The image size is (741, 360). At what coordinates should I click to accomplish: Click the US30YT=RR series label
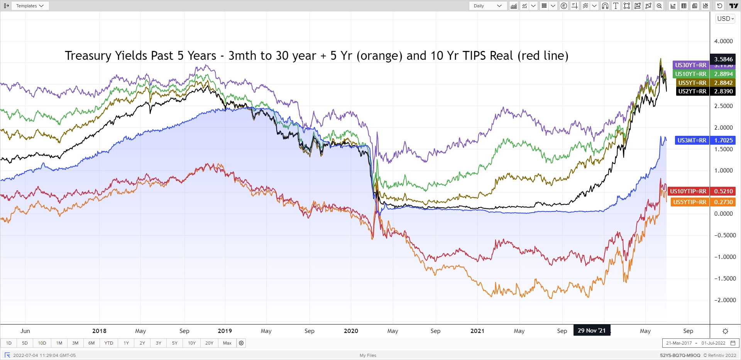(690, 65)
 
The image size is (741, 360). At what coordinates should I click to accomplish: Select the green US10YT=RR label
(690, 74)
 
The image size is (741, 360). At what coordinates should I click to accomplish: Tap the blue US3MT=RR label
(692, 140)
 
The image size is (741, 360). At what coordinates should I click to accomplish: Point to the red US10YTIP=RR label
(688, 191)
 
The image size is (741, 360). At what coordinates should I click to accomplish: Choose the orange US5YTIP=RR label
(690, 202)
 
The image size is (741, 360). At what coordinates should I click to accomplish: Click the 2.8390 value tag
(723, 91)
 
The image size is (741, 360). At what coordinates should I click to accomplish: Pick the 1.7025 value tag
(723, 140)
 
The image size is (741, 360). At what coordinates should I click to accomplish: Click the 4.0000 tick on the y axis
(723, 41)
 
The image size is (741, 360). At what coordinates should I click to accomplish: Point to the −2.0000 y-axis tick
(724, 300)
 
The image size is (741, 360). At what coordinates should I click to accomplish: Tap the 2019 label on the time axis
(225, 331)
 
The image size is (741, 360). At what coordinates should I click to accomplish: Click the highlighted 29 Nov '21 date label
(591, 331)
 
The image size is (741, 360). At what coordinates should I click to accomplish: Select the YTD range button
(109, 343)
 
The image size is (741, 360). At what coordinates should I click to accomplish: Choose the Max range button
(227, 343)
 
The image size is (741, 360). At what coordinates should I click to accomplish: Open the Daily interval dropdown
(487, 6)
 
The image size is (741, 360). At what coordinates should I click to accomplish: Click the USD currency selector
(725, 19)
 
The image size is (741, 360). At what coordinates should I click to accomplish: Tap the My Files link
(368, 355)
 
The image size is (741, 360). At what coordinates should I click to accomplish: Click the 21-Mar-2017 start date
(679, 343)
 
